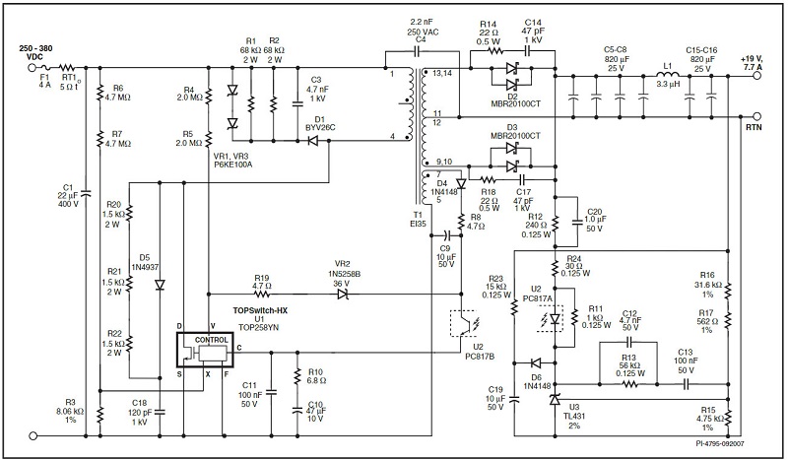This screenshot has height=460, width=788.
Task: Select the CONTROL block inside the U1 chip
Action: (211, 339)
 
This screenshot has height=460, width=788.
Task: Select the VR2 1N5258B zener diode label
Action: (343, 275)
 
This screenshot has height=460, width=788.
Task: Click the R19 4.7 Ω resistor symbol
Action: (262, 293)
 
